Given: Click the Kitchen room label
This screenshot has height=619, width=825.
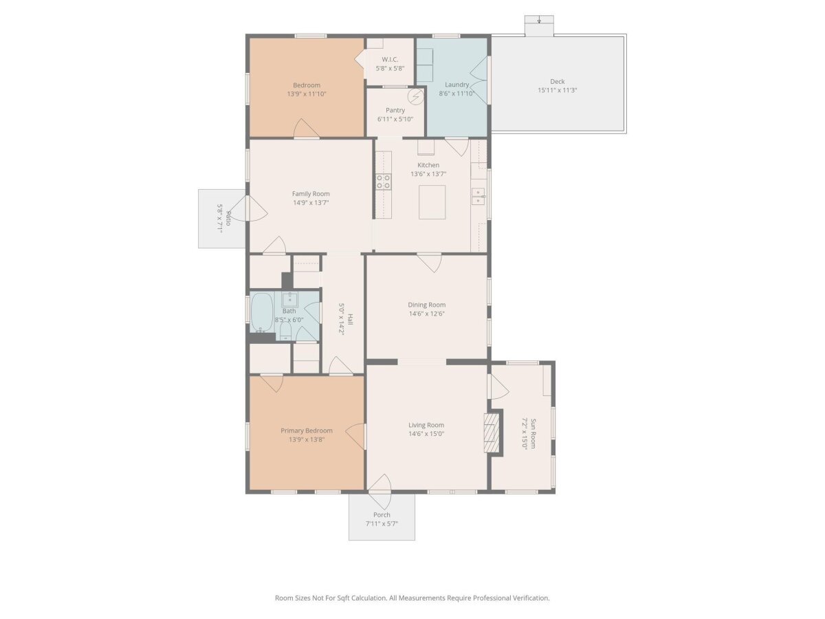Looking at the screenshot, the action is (428, 165).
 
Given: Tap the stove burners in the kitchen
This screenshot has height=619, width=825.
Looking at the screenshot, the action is (384, 182).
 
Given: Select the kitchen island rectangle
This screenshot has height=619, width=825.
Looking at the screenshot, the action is (432, 202).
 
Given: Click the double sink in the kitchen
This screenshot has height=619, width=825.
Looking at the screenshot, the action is (478, 197).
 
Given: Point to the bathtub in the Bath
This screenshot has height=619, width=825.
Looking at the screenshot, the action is (262, 313).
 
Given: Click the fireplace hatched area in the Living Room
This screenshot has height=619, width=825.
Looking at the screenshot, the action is (492, 433).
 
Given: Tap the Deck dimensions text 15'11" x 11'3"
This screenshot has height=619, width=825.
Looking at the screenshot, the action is (557, 90).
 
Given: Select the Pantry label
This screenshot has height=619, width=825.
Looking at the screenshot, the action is (395, 110).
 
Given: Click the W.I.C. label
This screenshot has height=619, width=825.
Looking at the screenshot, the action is (390, 59).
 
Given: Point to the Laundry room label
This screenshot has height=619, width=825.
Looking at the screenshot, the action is (456, 85).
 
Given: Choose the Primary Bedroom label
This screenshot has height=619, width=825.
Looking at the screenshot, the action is (307, 431).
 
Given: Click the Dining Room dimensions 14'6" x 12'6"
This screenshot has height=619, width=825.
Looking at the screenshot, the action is (427, 314).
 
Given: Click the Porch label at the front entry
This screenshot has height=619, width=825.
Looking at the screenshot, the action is (382, 515).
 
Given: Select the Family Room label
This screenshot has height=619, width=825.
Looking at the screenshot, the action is (311, 194).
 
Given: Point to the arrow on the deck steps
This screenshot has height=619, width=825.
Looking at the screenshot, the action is (539, 20).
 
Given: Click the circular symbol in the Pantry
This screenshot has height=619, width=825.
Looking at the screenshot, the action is (416, 98).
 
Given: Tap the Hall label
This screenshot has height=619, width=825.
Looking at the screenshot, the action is (350, 318).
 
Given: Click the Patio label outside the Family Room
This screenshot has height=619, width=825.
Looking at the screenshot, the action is (228, 218).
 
